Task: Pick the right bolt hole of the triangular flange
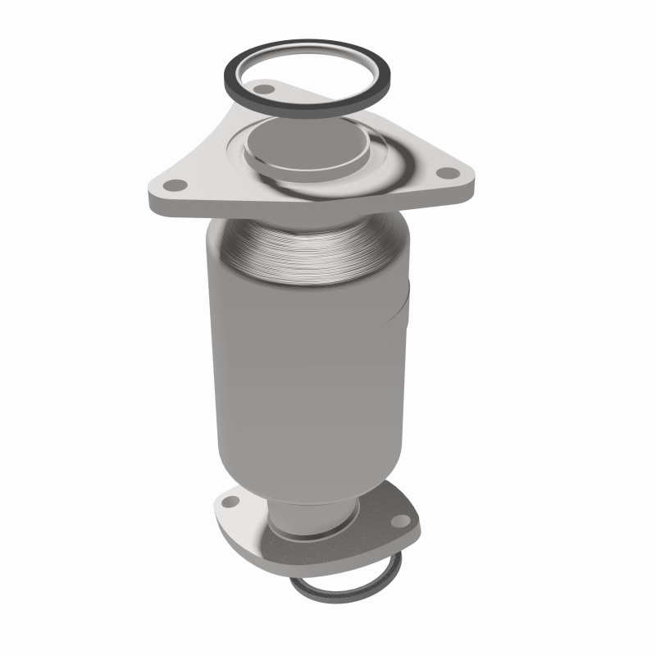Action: (447, 173)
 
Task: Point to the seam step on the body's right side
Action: (408, 303)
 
